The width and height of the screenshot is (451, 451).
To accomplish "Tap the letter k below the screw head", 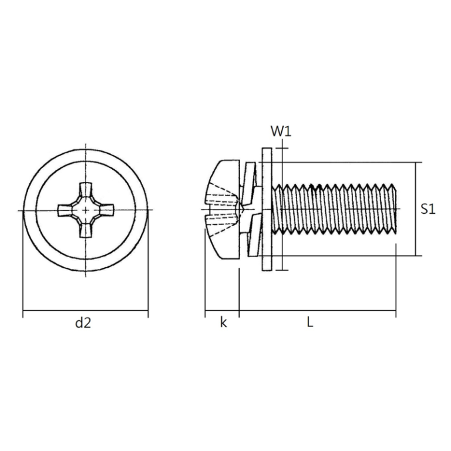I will (x=223, y=322).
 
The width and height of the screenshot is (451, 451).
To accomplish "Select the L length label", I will (x=309, y=322).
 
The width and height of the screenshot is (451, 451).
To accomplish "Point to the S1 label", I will (x=428, y=209).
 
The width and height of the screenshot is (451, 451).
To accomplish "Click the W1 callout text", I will (x=281, y=131).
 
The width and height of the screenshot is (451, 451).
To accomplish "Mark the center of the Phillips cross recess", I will (x=86, y=210).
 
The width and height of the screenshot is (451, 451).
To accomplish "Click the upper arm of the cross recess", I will (x=86, y=191).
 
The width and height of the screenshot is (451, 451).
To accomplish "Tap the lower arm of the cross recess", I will (x=86, y=228).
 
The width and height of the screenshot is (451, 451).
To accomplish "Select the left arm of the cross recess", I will (x=66, y=210).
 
